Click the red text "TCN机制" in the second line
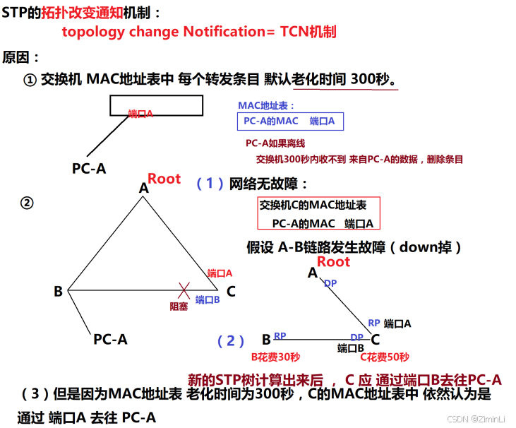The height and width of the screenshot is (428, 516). [308, 32]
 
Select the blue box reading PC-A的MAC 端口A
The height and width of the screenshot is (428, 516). [290, 121]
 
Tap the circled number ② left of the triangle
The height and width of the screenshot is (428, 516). [27, 203]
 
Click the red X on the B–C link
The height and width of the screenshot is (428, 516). [184, 290]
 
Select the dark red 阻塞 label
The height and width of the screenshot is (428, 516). [179, 306]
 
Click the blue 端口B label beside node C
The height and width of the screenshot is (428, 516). [208, 299]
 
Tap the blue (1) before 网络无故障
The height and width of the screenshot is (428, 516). [210, 184]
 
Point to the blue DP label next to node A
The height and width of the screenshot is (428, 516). [330, 283]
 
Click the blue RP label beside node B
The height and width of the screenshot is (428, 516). [280, 335]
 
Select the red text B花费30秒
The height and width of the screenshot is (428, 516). [276, 357]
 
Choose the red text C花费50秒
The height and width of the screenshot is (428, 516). [385, 357]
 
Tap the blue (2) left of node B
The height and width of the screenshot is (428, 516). [231, 341]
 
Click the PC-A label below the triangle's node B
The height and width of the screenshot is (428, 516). [110, 339]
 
